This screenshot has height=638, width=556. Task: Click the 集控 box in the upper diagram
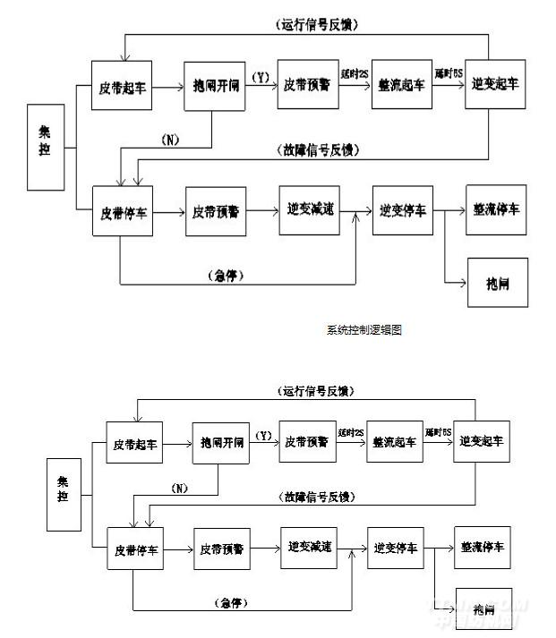(x=45, y=146)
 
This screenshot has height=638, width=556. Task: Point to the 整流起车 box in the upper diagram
(x=402, y=88)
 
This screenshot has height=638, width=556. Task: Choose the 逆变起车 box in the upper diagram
(x=494, y=83)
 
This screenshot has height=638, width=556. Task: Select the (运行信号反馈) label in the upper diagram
(x=312, y=25)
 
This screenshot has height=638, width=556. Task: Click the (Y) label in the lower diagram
(x=265, y=436)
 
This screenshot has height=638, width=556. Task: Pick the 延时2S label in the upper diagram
(x=353, y=72)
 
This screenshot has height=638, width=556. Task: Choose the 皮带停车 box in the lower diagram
(x=134, y=545)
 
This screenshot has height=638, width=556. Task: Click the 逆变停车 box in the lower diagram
(x=394, y=545)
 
